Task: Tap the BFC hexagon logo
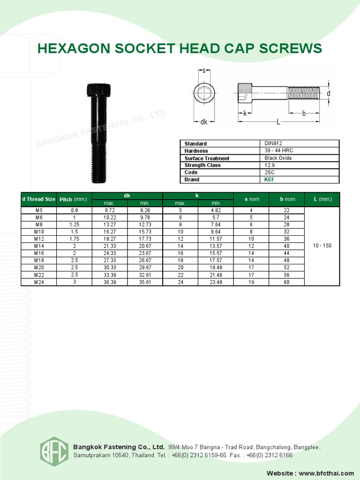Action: point(54,451)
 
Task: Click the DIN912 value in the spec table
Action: point(273,143)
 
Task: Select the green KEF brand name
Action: point(269,180)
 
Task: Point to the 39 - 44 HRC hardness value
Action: point(278,150)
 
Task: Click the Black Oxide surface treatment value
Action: point(278,158)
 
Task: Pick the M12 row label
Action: point(39,239)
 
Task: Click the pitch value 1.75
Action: point(75,239)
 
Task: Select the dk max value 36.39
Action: point(110,282)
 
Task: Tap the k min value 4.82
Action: point(216,210)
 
